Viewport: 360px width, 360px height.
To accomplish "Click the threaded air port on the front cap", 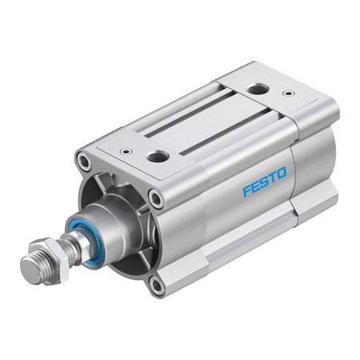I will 158,156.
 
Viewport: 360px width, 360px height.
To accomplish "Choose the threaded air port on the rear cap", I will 257,90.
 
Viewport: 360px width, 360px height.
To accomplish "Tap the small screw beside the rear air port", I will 288,93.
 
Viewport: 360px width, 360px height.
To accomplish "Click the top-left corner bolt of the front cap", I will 84,163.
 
